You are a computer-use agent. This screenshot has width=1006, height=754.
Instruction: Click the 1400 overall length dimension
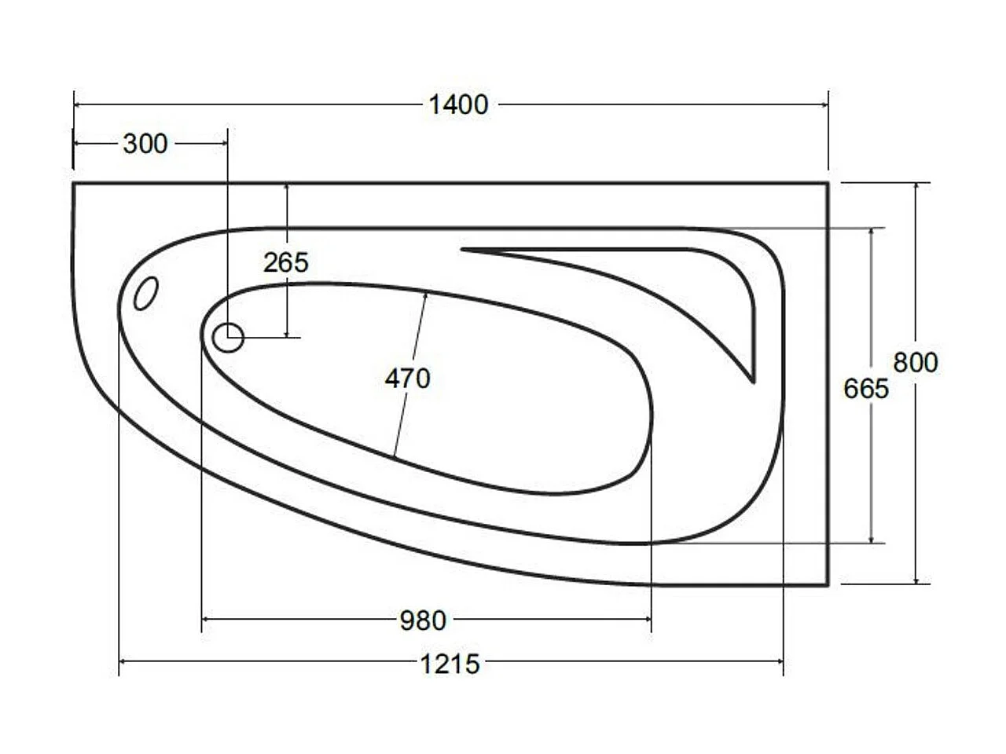pyautogui.click(x=458, y=104)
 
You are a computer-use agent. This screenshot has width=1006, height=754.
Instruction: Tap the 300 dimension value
pyautogui.click(x=145, y=144)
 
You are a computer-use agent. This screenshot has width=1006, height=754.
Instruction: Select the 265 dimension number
pyautogui.click(x=285, y=262)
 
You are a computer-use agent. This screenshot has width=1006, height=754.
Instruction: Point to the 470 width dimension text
pyautogui.click(x=408, y=379)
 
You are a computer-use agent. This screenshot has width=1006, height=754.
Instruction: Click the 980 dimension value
pyautogui.click(x=423, y=620)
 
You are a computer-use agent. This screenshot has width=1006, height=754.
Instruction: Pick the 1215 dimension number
pyautogui.click(x=450, y=664)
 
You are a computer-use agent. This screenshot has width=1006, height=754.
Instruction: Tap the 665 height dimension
pyautogui.click(x=865, y=388)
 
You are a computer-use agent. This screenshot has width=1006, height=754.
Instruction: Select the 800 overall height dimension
pyautogui.click(x=916, y=362)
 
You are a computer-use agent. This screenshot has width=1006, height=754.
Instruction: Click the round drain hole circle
pyautogui.click(x=228, y=338)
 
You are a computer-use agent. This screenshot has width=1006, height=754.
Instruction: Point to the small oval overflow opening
pyautogui.click(x=145, y=294)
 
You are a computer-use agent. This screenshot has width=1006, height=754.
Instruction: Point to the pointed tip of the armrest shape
pyautogui.click(x=753, y=381)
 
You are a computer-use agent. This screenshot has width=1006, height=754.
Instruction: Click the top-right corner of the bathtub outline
pyautogui.click(x=828, y=183)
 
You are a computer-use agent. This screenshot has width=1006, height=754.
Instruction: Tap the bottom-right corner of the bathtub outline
pyautogui.click(x=828, y=585)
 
